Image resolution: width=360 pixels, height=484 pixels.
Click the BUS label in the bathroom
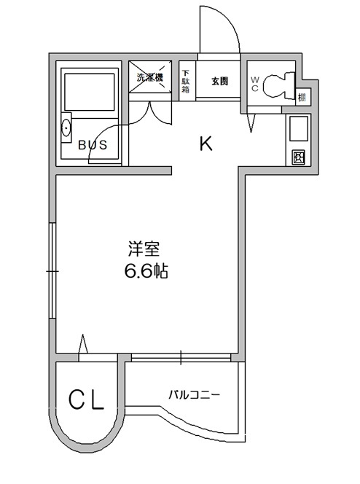pyautogui.click(x=93, y=144)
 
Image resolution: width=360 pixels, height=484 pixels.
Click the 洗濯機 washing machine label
pyautogui.click(x=150, y=78)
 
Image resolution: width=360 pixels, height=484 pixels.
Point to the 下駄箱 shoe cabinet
pyautogui.click(x=187, y=80)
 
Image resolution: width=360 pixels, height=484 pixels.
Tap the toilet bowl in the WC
pyautogui.click(x=276, y=86)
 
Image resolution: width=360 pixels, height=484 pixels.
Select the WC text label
pyautogui.click(x=256, y=84)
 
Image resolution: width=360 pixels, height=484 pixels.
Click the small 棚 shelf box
pyautogui.click(x=302, y=95)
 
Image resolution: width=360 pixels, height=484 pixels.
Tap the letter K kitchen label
pyautogui.click(x=206, y=144)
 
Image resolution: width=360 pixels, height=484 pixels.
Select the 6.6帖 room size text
pyautogui.click(x=146, y=273)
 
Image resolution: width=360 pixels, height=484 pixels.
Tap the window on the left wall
pyautogui.click(x=52, y=270)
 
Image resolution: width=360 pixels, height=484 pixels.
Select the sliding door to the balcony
pyautogui.click(x=181, y=358)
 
